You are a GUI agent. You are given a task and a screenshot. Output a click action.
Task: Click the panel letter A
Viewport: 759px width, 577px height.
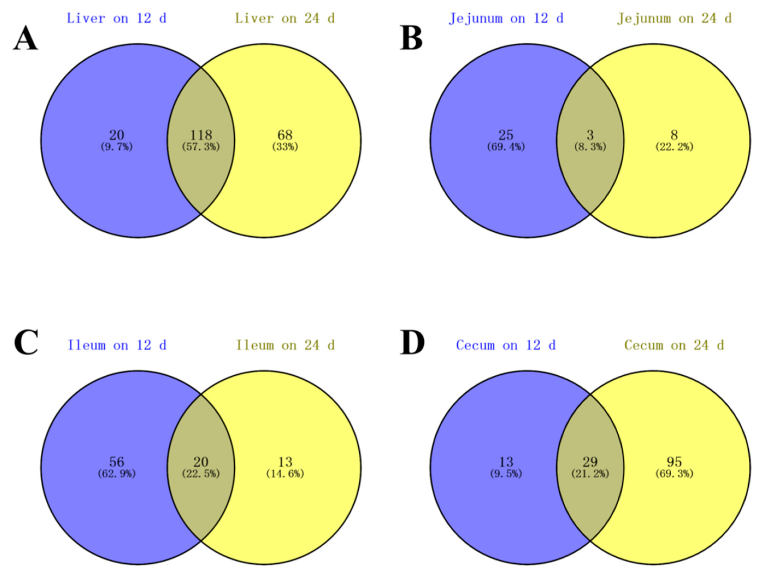point(26,39)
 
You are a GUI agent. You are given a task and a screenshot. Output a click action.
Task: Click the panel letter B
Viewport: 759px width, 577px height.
point(411,39)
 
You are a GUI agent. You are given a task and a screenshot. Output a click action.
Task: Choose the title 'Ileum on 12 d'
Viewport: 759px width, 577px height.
point(117,345)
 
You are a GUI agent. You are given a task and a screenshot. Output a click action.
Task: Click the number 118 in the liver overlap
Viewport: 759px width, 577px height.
point(201,135)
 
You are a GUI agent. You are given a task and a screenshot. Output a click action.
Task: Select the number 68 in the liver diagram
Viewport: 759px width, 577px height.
point(285,135)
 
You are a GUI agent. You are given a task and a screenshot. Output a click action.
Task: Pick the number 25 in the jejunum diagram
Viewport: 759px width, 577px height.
point(506,135)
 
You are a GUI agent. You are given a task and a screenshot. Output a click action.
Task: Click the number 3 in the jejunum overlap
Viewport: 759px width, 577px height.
point(590,135)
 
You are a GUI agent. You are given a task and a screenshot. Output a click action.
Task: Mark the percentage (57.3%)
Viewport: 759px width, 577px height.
point(201,147)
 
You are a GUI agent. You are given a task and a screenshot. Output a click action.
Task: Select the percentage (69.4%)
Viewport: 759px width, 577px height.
point(506,147)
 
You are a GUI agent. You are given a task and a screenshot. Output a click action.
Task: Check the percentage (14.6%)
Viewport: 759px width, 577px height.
point(285,474)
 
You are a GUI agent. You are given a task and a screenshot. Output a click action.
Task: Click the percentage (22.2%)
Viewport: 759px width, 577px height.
point(674,147)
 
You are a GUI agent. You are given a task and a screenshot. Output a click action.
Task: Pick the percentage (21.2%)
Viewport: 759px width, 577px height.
point(590,474)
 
